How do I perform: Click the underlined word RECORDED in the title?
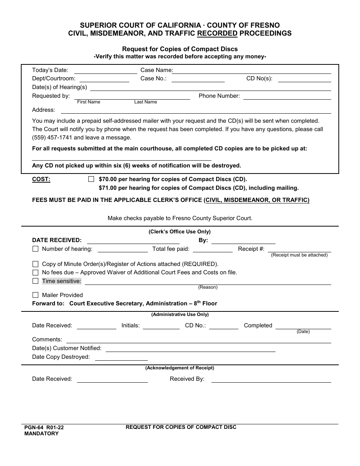coord(217,33)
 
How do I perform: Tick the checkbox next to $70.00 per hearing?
coord(91,179)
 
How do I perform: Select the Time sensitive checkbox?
coord(36,281)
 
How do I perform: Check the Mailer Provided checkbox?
coord(36,295)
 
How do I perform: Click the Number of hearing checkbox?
coord(36,249)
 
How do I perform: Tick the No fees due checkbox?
coord(36,272)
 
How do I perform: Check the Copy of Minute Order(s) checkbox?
coord(36,264)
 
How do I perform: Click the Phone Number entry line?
coord(287,97)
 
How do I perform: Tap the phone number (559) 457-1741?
coord(53,138)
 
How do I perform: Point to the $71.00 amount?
coord(107,188)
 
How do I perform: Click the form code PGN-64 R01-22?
coord(44,427)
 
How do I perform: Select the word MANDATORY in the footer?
coord(42,433)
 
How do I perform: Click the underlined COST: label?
coord(41,179)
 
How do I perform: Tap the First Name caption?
coord(89,102)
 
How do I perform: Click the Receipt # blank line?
coord(299,250)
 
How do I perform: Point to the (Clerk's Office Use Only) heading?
coord(180,231)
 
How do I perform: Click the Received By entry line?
coord(271,380)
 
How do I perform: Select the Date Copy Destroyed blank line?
coord(121,358)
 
